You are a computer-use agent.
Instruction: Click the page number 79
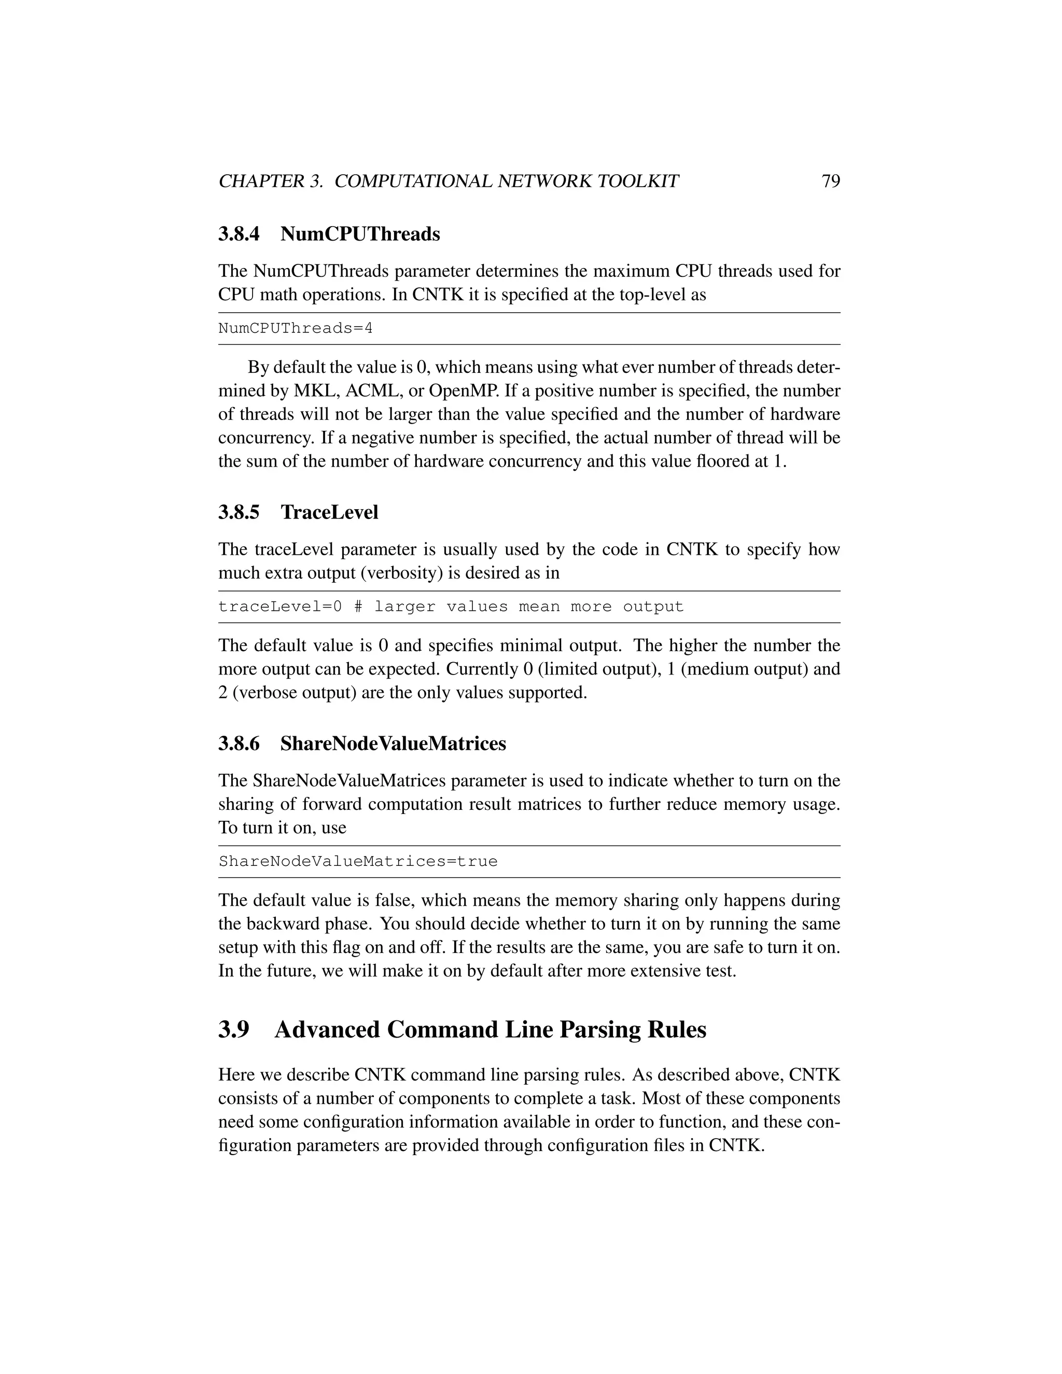[831, 181]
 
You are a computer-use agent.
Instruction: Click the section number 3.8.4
[239, 234]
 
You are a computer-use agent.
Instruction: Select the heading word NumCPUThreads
[360, 234]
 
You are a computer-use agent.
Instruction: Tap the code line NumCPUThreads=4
[295, 328]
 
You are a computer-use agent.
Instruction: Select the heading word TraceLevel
[329, 512]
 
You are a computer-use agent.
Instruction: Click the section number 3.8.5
[239, 512]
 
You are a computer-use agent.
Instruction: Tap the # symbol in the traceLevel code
[358, 607]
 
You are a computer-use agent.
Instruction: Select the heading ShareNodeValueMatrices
[393, 744]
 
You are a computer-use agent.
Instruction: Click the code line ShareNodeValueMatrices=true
[358, 862]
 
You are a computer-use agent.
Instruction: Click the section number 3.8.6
[239, 744]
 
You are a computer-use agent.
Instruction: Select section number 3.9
[234, 1030]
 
